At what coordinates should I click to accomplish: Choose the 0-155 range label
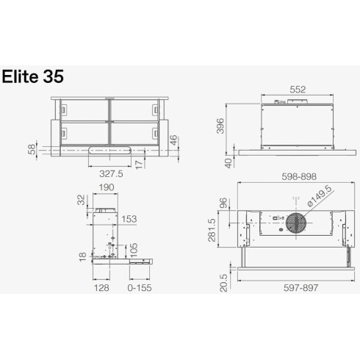click(139, 289)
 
